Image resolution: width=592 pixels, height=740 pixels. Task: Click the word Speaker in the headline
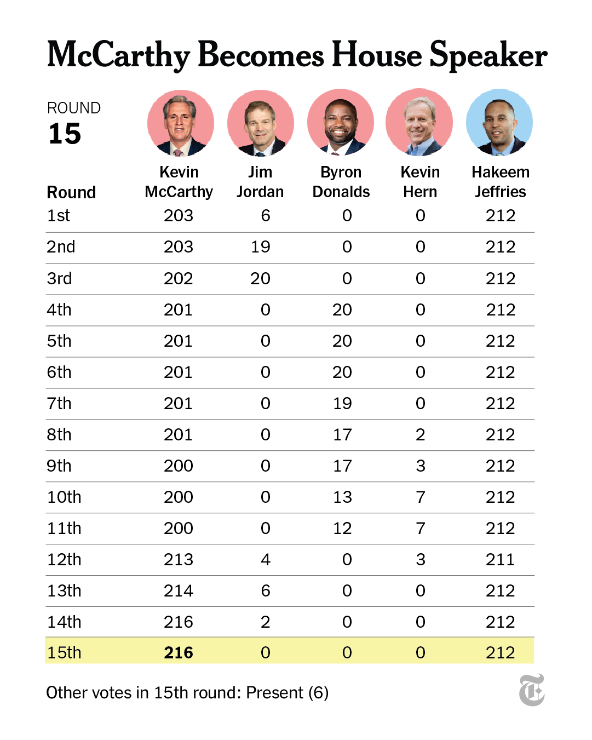point(488,55)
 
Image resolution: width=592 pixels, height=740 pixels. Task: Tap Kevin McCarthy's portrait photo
point(181,123)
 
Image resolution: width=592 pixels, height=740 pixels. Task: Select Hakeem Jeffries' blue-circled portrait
point(499,122)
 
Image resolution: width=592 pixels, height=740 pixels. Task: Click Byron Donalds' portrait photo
point(340,122)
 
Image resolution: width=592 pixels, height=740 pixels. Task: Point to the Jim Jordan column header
point(260,182)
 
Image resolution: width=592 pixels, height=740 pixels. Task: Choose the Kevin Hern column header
point(420,182)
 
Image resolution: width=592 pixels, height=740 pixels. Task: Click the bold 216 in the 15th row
point(179,652)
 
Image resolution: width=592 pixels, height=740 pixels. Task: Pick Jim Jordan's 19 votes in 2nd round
point(260,246)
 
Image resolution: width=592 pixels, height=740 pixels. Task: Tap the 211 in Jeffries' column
point(500,559)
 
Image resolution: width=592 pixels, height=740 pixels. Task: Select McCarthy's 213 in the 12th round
point(179,559)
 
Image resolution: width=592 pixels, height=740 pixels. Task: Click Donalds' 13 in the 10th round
point(342,497)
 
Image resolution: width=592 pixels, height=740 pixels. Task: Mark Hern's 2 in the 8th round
point(420,435)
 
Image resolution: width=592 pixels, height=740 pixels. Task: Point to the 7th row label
point(59,403)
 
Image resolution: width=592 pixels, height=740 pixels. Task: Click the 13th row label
point(64,590)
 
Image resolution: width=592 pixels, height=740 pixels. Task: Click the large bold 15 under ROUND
point(65,134)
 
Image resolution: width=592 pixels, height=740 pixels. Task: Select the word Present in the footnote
point(275,692)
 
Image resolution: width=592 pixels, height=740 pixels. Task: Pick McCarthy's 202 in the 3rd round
point(179,278)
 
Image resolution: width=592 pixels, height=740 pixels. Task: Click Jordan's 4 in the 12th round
point(266,559)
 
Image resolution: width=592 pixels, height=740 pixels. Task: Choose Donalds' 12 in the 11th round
point(342,528)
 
